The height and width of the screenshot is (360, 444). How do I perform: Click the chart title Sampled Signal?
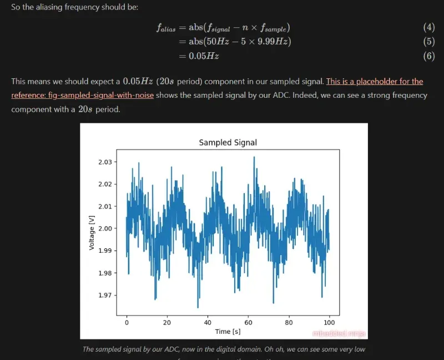click(x=228, y=143)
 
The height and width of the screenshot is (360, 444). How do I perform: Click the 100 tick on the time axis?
click(x=329, y=322)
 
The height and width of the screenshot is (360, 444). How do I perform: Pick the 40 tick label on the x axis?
click(x=208, y=322)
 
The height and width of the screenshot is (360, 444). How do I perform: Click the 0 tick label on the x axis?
click(x=127, y=322)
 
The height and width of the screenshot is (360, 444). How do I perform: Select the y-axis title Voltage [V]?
click(x=92, y=229)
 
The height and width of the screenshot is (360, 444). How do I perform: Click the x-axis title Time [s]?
click(x=228, y=332)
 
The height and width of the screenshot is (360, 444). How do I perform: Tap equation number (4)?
click(x=428, y=27)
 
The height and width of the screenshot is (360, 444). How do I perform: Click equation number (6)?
click(x=428, y=56)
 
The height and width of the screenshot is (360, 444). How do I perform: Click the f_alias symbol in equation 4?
click(x=166, y=28)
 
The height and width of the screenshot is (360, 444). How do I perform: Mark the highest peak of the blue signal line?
click(x=254, y=157)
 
